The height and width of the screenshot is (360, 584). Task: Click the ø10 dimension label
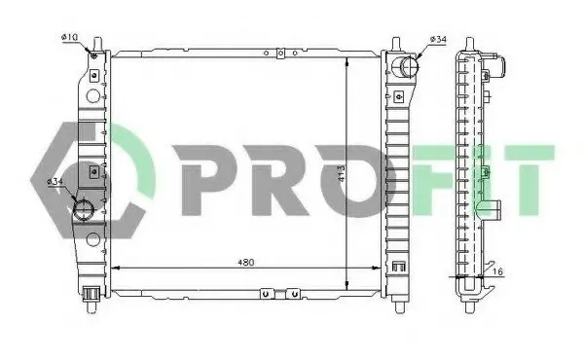69,37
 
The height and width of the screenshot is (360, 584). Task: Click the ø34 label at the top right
438,39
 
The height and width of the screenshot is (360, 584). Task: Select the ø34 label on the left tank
55,182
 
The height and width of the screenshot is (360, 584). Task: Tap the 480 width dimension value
246,263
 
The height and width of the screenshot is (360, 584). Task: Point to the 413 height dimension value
342,173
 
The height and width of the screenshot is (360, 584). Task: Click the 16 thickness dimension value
498,272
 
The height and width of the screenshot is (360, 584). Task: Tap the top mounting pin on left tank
98,44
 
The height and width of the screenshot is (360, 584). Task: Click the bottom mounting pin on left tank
91,306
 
